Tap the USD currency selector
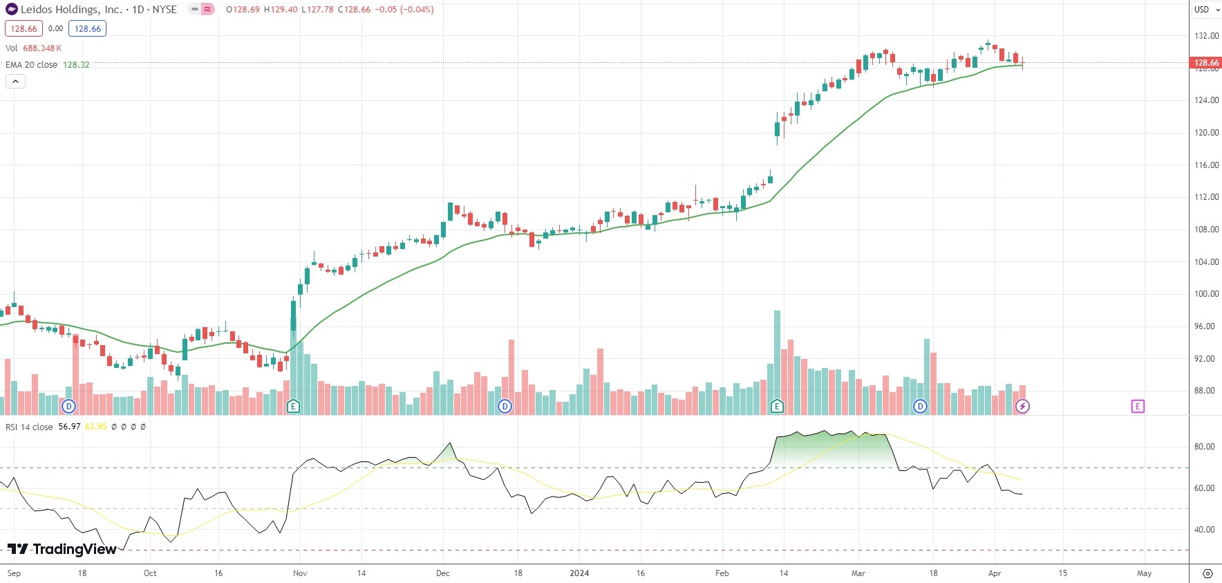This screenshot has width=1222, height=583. (x=1205, y=10)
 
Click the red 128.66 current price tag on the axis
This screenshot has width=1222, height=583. (x=1205, y=63)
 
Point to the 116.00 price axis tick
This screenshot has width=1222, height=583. (x=1206, y=165)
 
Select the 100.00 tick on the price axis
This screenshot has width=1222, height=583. (x=1206, y=294)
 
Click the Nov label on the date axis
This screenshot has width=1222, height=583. (x=300, y=573)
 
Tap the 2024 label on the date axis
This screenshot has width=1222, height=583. (x=579, y=573)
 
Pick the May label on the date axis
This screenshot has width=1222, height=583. (x=1144, y=573)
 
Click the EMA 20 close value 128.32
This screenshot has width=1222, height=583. (x=76, y=65)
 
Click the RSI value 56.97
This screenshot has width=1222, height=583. (x=69, y=427)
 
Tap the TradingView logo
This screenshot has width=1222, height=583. (x=62, y=549)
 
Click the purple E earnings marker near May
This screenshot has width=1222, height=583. (x=1138, y=406)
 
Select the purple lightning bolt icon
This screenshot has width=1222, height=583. (x=1022, y=406)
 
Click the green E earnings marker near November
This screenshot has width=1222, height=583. (x=293, y=406)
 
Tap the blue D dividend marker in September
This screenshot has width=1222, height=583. (x=68, y=406)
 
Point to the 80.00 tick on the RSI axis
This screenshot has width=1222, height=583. (x=1204, y=447)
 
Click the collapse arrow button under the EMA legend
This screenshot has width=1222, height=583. (x=15, y=82)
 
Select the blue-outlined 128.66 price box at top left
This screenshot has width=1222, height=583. (x=87, y=29)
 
